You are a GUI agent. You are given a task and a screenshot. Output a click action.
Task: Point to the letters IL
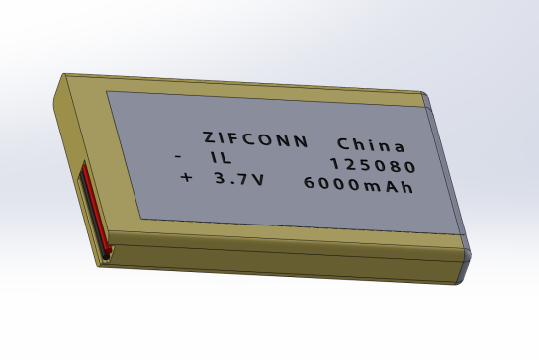(219, 159)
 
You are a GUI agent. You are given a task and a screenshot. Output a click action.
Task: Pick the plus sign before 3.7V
(185, 179)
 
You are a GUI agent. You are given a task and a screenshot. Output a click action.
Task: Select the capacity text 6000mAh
(357, 185)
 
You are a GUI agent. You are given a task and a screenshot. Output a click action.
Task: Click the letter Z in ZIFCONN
(208, 136)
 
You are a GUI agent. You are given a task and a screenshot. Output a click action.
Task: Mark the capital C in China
(343, 141)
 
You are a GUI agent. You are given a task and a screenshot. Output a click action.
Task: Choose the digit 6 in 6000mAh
(309, 183)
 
